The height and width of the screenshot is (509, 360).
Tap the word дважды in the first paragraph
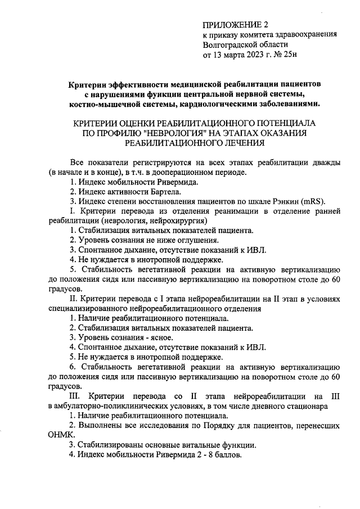(325, 161)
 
